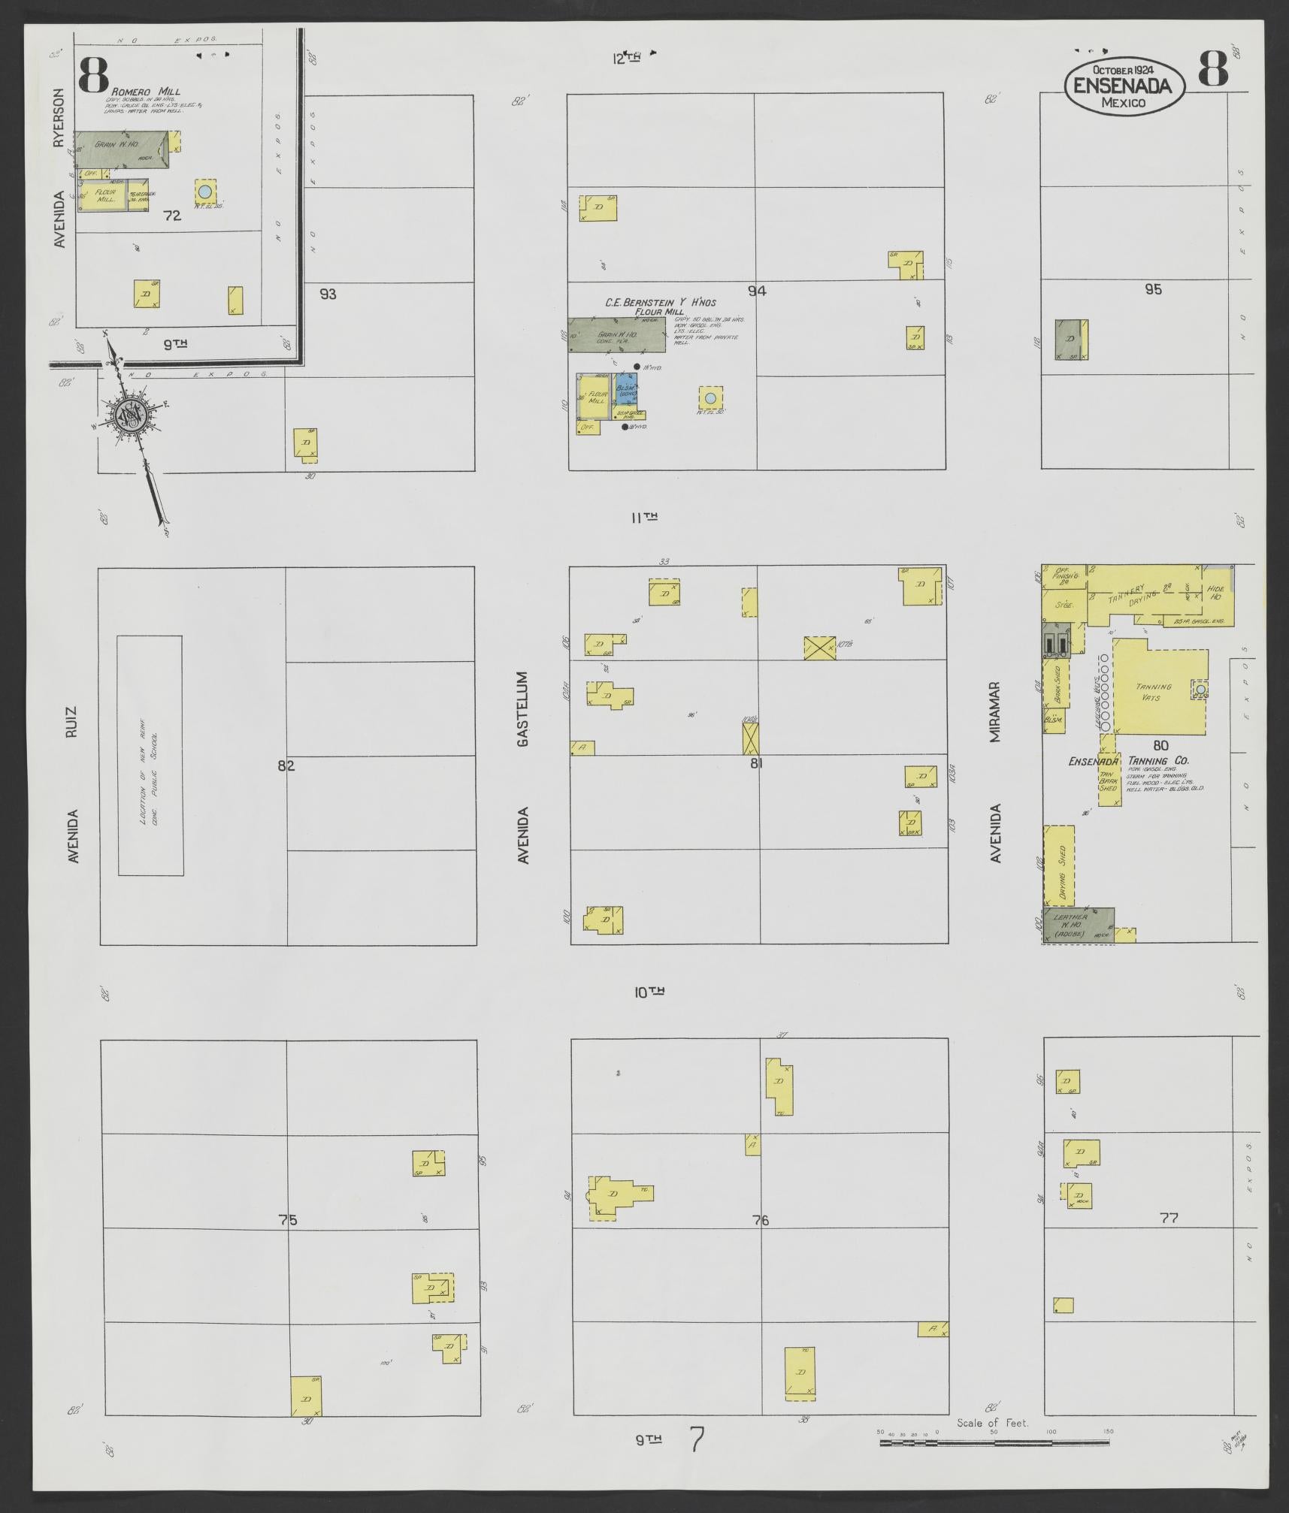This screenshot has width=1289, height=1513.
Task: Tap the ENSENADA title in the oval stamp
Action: [x=1122, y=86]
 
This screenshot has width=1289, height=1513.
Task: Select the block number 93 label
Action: [x=328, y=294]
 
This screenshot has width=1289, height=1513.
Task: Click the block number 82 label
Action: [x=286, y=766]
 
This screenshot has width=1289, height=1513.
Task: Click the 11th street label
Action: [x=645, y=517]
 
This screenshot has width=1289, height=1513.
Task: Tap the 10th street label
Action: [x=649, y=992]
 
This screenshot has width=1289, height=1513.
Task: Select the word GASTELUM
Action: [x=524, y=708]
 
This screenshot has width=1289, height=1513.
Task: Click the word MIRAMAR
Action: [x=996, y=712]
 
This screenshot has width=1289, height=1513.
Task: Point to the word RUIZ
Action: [x=72, y=721]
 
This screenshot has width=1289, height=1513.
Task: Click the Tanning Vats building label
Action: [x=1154, y=692]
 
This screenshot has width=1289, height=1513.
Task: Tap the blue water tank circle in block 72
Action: [x=204, y=191]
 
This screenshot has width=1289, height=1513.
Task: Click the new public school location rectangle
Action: [x=150, y=755]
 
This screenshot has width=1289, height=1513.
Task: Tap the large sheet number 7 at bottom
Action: [x=697, y=1439]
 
